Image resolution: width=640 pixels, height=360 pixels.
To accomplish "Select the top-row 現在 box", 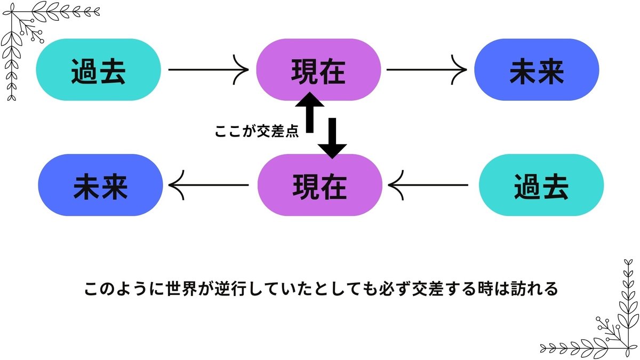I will pos(318,69).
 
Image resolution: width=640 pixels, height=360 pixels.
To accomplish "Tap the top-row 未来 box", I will pos(537,69).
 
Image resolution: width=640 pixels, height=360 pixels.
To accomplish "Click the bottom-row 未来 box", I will pos(101,185).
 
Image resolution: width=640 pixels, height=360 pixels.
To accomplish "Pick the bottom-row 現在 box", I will pos(319,185).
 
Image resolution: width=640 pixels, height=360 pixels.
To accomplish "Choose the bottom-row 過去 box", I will pos(541,185).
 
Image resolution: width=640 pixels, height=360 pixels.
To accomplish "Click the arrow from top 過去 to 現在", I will pos(208,69).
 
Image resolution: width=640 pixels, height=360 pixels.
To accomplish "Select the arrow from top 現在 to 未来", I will pos(426,69).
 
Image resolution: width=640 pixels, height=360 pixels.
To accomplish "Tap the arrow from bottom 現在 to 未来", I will pos(209,185).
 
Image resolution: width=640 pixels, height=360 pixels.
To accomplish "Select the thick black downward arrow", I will pos(332,138).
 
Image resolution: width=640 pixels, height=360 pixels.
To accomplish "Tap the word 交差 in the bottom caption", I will pos(415,290).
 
